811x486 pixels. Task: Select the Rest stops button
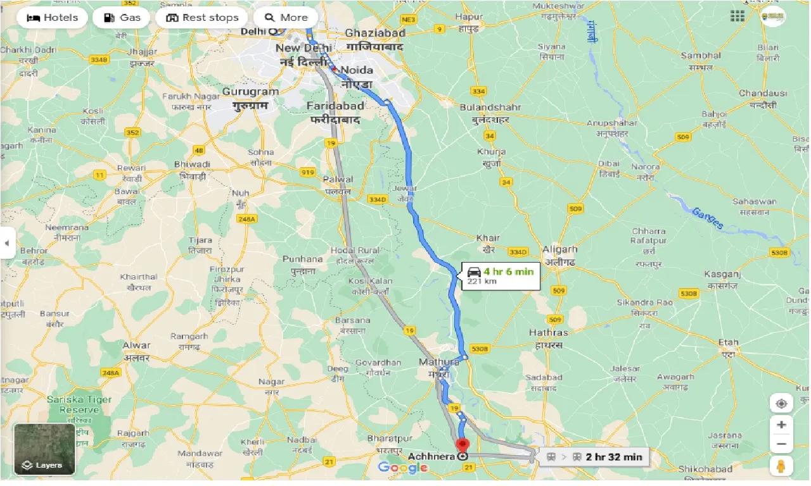[202, 17]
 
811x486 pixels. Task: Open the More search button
[286, 17]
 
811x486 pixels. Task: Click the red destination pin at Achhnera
[463, 445]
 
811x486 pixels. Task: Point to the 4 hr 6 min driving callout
[501, 275]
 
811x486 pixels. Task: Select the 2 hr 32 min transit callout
[594, 457]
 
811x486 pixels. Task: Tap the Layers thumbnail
[44, 449]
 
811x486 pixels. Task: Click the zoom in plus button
[781, 425]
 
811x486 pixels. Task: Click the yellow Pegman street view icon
[781, 466]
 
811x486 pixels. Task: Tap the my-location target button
[781, 404]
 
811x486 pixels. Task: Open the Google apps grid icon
[738, 16]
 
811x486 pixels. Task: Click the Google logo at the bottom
[403, 468]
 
